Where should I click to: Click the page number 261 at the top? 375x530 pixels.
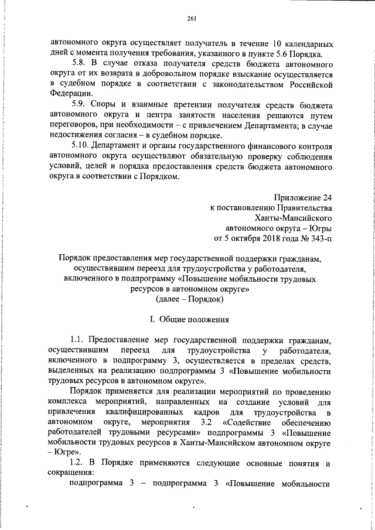click(191, 18)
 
